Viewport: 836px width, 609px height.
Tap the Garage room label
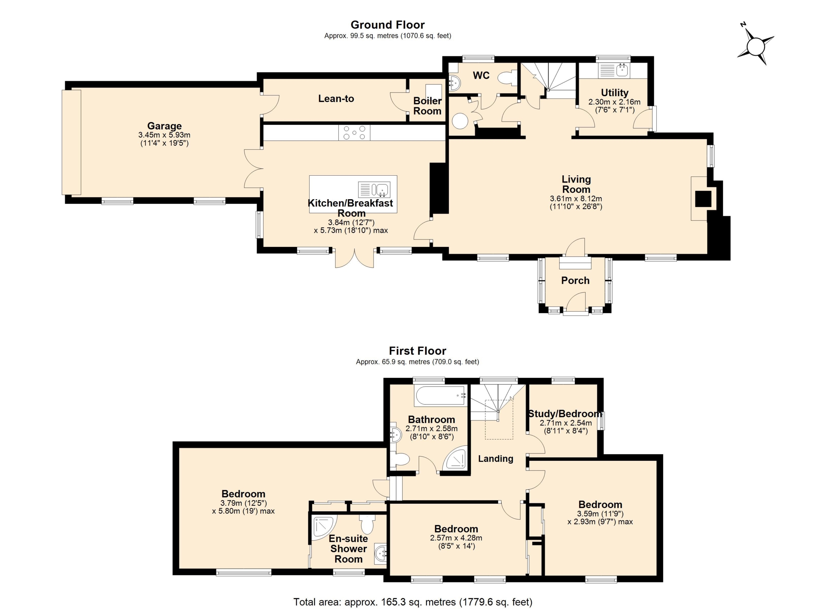[164, 126]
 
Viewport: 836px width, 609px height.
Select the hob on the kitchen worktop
[354, 132]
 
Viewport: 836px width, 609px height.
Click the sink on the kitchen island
[374, 190]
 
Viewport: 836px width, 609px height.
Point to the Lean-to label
[336, 98]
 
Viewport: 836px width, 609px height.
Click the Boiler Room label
[427, 106]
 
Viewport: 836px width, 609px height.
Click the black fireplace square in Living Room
[703, 199]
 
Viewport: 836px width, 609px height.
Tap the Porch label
[575, 281]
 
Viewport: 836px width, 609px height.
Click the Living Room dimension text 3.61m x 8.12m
[576, 199]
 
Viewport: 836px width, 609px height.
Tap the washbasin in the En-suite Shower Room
[380, 554]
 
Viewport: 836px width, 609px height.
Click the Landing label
[495, 459]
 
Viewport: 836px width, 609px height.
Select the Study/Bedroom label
[565, 414]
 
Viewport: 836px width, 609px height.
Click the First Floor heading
[418, 351]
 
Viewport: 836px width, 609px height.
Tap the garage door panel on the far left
[71, 142]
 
